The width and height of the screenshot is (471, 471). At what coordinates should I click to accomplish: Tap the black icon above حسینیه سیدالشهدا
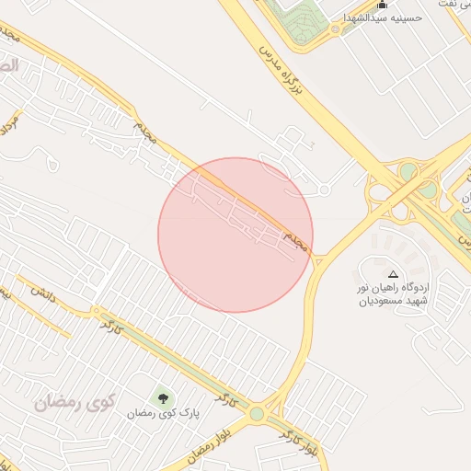click(383, 5)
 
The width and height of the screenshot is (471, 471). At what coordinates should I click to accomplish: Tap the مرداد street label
click(12, 121)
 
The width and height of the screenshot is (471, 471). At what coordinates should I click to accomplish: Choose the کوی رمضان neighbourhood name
click(73, 403)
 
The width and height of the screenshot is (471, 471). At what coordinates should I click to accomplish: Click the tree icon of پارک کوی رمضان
click(164, 398)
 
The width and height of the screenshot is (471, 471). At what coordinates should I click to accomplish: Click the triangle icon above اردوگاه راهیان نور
click(394, 274)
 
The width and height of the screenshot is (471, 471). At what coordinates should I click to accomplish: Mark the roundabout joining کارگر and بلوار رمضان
click(258, 415)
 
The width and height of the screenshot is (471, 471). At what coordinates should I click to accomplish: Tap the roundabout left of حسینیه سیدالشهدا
click(336, 29)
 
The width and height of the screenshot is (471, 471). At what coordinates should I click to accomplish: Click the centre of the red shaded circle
click(235, 235)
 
